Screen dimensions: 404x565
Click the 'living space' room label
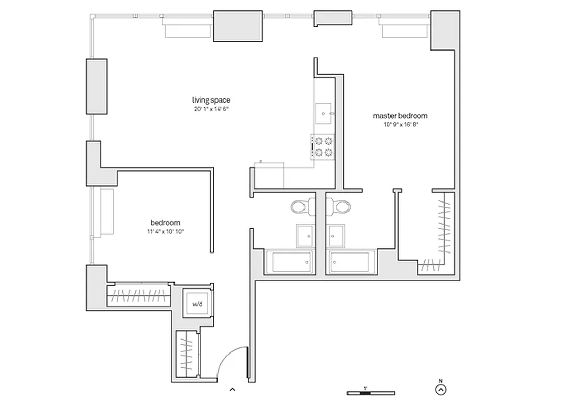211,100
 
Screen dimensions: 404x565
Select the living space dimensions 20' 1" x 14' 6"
211,109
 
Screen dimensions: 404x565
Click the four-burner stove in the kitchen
323,146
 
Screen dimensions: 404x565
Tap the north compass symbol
441,389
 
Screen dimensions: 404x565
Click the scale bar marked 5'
371,392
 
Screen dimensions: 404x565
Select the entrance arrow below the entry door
232,389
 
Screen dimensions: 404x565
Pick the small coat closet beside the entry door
187,353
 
